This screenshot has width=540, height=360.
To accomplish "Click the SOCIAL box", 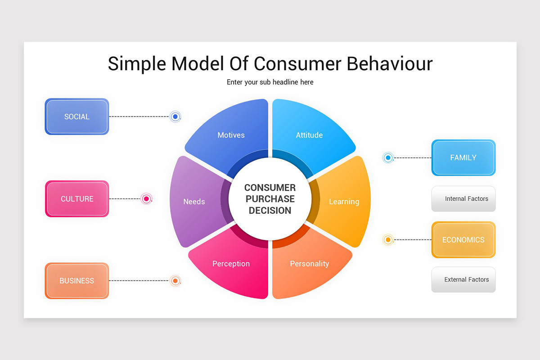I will pos(77,117).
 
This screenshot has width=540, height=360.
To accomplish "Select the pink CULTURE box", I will pos(77,199).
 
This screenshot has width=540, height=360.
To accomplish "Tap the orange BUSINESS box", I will pos(77,281).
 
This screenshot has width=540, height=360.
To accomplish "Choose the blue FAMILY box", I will pos(463,157).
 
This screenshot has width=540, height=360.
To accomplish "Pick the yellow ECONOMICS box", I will pos(463,240).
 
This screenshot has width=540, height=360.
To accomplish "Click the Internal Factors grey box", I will pos(463,199).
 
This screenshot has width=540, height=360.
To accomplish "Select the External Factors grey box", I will pos(463,279).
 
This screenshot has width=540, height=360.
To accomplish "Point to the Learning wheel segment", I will pos(344,202).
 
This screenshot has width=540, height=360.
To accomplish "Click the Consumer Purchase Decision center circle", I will pos(270,199).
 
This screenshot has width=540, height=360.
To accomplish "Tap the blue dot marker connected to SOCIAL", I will pos(175,117).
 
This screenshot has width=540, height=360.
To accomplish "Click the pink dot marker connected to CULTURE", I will pos(146,198).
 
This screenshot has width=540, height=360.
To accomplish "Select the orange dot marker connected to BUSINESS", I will pos(175,281).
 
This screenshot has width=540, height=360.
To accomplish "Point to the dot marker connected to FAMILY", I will pos(388,157).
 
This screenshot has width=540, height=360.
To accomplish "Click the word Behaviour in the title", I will pos(390,63).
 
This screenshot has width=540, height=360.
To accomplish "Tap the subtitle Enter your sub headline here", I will pos(270,82).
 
